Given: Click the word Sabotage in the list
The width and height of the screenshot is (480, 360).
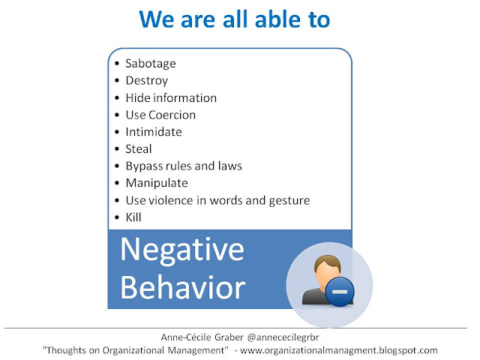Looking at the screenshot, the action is [x=151, y=64].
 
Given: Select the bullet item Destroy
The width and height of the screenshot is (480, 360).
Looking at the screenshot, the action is [x=147, y=81].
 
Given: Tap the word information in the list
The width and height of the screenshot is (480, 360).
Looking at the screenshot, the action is [x=185, y=98].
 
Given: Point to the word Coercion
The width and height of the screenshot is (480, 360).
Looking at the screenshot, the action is [x=172, y=115].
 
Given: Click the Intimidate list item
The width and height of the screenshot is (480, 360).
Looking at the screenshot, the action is [x=154, y=132].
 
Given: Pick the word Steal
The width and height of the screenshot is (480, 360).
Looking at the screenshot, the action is [x=139, y=149].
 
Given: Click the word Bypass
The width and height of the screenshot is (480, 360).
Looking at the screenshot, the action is [x=144, y=166].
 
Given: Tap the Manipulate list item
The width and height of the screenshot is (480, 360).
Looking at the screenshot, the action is [x=157, y=183].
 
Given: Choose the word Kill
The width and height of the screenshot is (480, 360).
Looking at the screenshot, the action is [x=133, y=217].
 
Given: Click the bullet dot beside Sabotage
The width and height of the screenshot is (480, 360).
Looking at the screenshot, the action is [x=117, y=64].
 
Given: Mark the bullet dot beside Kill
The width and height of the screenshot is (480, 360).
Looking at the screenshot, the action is [x=117, y=217].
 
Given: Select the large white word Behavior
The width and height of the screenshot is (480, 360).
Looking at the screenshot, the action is [x=183, y=287].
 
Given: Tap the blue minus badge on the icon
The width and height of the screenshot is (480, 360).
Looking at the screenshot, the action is [x=340, y=292].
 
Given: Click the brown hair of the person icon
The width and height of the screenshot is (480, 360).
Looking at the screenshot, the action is [x=328, y=262].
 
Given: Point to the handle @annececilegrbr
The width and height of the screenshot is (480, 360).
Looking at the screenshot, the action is [x=283, y=337].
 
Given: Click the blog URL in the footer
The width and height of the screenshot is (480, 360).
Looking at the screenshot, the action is [x=339, y=350].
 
